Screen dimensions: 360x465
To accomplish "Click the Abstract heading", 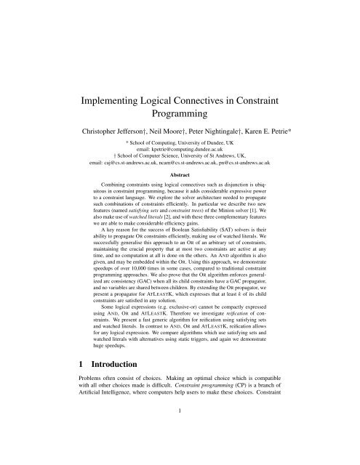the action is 180,175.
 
